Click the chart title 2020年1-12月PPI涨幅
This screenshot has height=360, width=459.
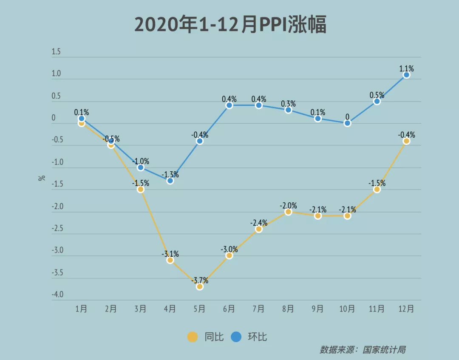230,25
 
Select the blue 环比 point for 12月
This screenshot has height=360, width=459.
406,75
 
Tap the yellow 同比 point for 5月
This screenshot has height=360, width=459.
200,286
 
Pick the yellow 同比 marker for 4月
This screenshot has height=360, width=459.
170,260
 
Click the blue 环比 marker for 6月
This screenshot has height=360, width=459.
229,105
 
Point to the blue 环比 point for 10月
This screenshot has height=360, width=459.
347,123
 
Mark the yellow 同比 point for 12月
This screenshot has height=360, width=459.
406,141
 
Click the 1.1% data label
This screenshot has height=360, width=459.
406,68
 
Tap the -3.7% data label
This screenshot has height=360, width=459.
200,280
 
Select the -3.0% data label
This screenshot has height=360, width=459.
229,249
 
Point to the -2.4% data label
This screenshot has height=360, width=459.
258,223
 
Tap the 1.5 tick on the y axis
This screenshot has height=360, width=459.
56,52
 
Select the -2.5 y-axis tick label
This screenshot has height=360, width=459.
57,229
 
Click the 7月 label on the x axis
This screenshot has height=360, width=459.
258,309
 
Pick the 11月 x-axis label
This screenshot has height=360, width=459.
377,309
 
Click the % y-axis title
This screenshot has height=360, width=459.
42,178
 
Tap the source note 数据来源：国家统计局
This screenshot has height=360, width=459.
363,350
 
